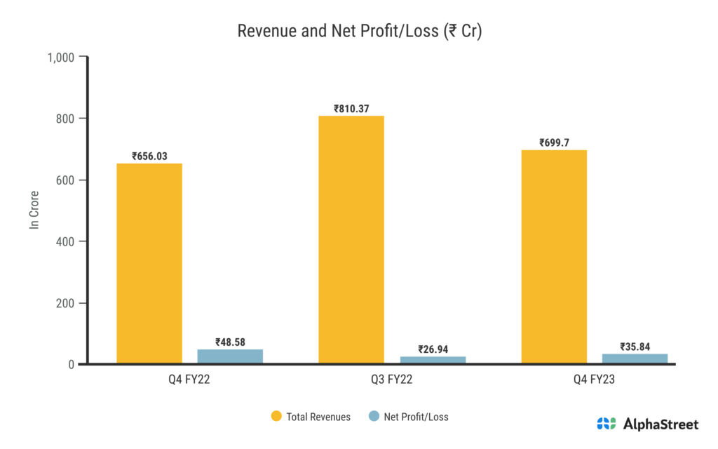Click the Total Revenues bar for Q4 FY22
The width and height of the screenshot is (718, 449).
[x=149, y=263]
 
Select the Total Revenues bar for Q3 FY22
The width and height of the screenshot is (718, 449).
[x=351, y=239]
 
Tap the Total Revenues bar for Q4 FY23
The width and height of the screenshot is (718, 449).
[x=554, y=256]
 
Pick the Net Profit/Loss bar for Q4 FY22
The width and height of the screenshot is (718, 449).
[x=230, y=356]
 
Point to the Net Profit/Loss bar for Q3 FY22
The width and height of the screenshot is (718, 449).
[x=433, y=360]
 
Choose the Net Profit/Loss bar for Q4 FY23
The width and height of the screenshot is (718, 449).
[x=635, y=358]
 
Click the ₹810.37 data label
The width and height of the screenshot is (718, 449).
[x=351, y=109]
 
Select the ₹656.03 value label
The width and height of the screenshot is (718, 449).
[x=149, y=156]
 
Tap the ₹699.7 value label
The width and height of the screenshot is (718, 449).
[x=554, y=143]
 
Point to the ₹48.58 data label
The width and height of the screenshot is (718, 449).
[x=230, y=342]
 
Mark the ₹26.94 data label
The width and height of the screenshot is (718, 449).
[x=433, y=349]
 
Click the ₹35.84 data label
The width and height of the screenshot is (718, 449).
[x=635, y=347]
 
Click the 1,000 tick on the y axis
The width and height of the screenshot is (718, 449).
[x=61, y=57]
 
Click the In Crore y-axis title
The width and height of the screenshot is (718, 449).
[x=34, y=210]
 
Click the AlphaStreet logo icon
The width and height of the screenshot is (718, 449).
[x=607, y=424]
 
